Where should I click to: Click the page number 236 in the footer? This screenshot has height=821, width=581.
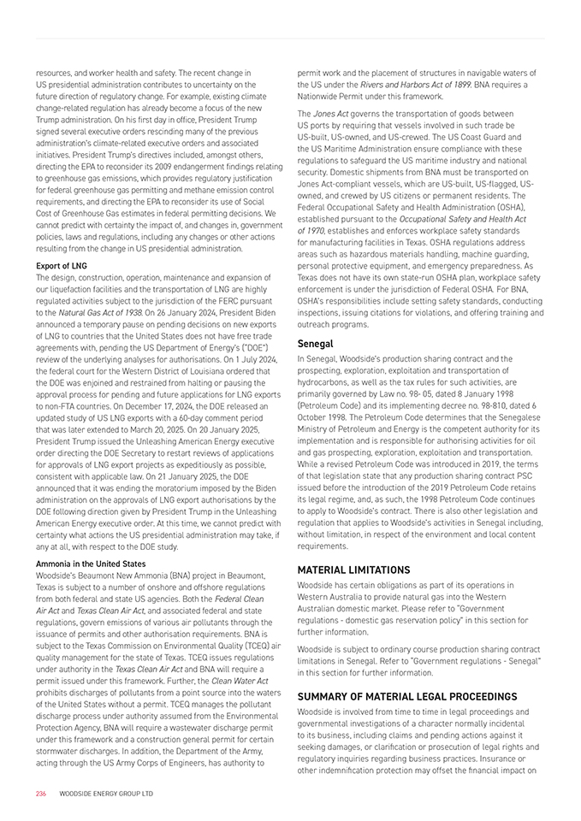pyautogui.click(x=40, y=794)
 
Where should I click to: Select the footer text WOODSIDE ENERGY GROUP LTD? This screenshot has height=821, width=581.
pyautogui.click(x=106, y=794)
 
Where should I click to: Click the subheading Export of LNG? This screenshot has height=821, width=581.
pyautogui.click(x=62, y=266)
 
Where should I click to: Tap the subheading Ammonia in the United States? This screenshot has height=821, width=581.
pyautogui.click(x=91, y=564)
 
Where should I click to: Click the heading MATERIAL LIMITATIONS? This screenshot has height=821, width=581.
pyautogui.click(x=353, y=570)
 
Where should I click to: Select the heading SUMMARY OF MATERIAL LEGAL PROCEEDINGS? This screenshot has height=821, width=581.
pyautogui.click(x=406, y=696)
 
